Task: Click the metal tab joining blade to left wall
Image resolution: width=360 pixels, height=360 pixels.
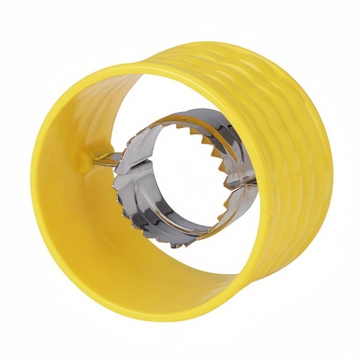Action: [x=104, y=158]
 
